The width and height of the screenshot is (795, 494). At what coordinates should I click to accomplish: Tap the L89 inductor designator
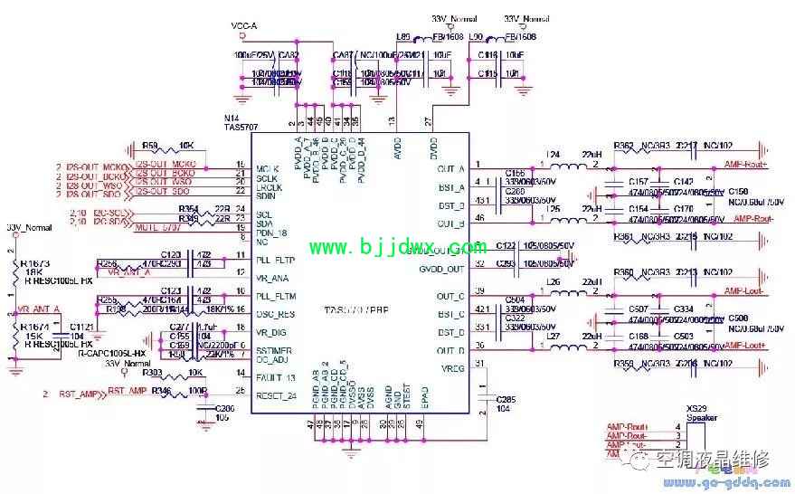[403, 37]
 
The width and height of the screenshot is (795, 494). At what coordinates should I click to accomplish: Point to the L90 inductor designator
[477, 37]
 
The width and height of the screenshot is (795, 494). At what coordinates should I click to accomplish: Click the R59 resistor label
[150, 145]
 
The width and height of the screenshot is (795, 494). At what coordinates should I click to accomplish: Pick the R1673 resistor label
[31, 261]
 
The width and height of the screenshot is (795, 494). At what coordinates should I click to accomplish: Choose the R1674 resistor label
[32, 325]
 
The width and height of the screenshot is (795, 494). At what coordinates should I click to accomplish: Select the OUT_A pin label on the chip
[450, 168]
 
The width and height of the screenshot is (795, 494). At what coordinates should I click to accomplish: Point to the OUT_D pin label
[450, 350]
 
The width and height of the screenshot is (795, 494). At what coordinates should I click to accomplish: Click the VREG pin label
[451, 367]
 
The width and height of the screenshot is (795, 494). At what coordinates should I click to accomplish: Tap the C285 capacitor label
[505, 398]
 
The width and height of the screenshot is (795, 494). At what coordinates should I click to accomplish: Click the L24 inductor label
[553, 155]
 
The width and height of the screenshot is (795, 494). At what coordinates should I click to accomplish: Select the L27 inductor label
[553, 338]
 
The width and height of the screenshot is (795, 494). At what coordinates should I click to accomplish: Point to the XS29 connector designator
[697, 409]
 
